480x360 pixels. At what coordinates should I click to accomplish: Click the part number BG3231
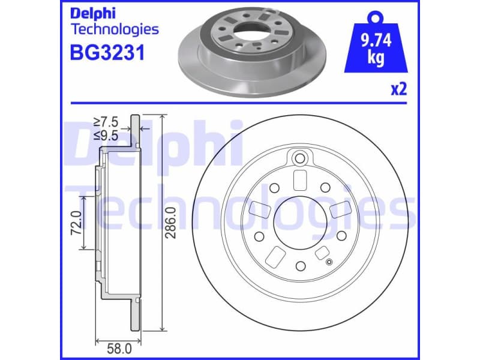[x=107, y=54]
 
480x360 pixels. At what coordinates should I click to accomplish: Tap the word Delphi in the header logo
[x=94, y=13]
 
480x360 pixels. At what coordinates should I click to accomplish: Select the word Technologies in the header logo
[x=115, y=29]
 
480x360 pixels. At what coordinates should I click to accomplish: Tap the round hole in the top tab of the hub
[x=300, y=158]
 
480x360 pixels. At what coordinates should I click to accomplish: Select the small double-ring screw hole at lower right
[x=328, y=261]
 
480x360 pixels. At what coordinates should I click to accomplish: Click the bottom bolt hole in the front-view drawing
[x=300, y=265]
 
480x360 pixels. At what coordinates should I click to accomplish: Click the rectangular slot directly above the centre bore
[x=300, y=179]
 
